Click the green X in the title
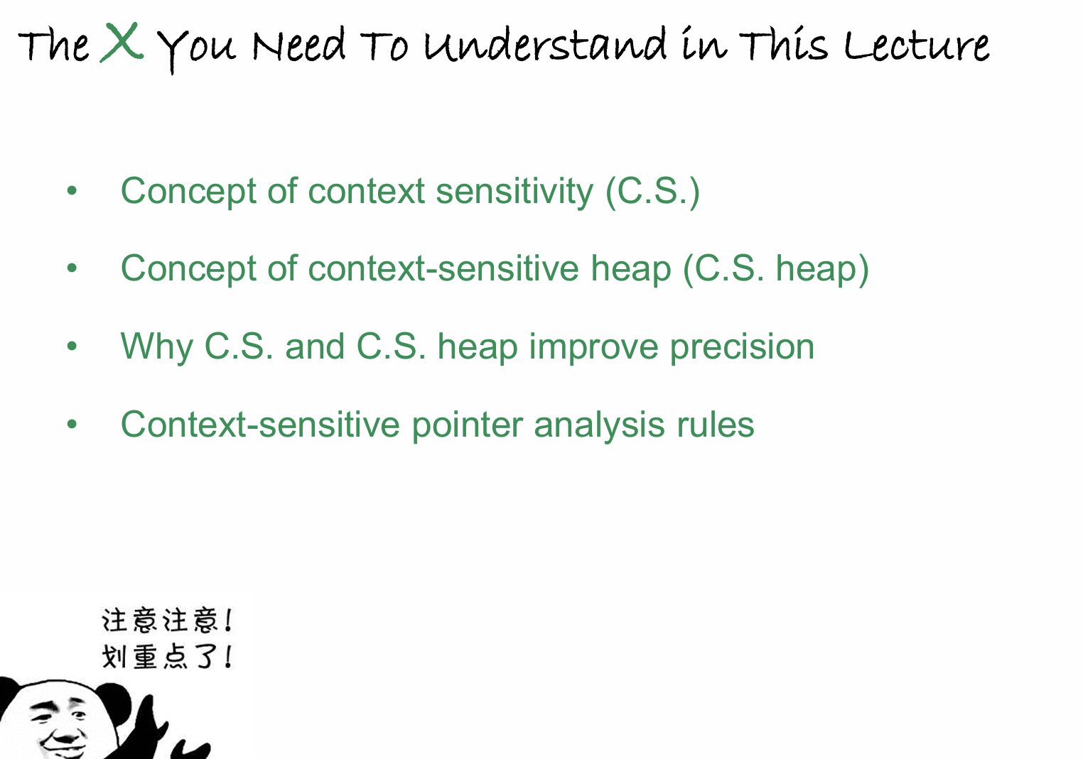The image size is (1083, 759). pyautogui.click(x=122, y=42)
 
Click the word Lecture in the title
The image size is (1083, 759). pyautogui.click(x=917, y=45)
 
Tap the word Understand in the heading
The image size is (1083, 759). pyautogui.click(x=545, y=45)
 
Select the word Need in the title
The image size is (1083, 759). pyautogui.click(x=298, y=45)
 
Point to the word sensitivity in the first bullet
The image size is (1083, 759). pyautogui.click(x=514, y=192)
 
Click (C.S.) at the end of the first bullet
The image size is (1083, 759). pyautogui.click(x=652, y=192)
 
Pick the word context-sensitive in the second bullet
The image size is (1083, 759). pyautogui.click(x=443, y=268)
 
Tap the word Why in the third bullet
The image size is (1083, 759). pyautogui.click(x=156, y=347)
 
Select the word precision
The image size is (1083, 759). pyautogui.click(x=742, y=347)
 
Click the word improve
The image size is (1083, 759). pyautogui.click(x=593, y=347)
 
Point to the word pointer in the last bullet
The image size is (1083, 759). pyautogui.click(x=467, y=425)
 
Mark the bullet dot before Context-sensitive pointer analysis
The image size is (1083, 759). pyautogui.click(x=72, y=424)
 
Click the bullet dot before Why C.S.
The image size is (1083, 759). pyautogui.click(x=72, y=346)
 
